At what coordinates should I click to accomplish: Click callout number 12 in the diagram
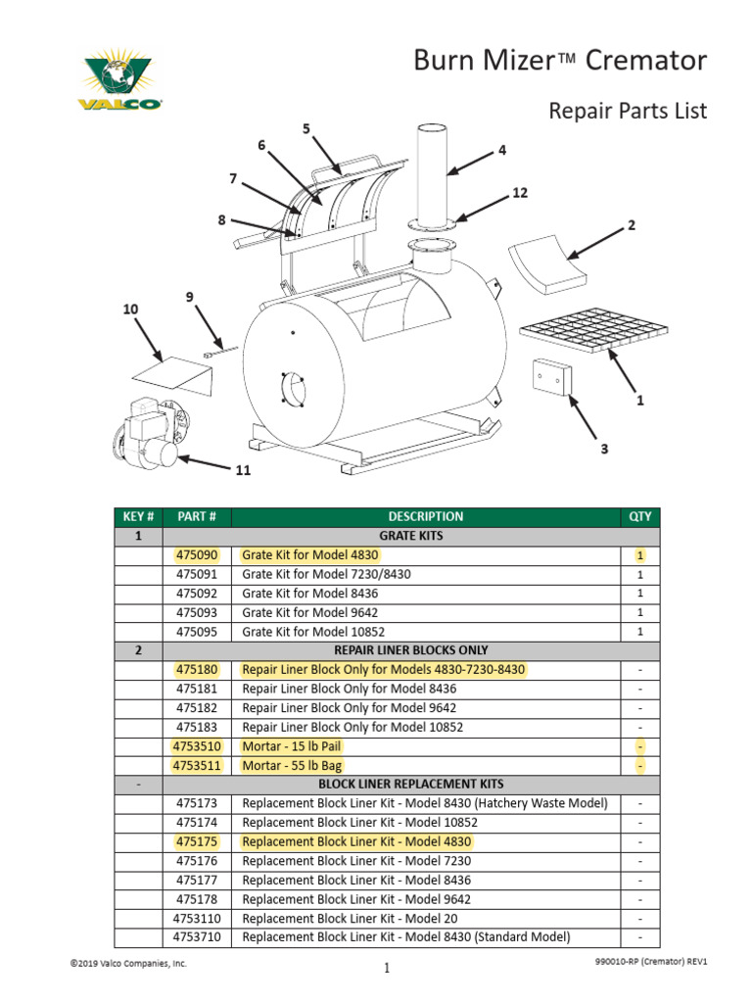point(520,193)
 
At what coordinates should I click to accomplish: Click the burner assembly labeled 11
point(147,436)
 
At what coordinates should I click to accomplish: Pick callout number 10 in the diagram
point(130,309)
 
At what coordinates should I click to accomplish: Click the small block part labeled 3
point(551,376)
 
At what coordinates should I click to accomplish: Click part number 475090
point(197,555)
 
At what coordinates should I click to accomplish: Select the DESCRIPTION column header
point(425,516)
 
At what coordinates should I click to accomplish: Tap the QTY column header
point(639,516)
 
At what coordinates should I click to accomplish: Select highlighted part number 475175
point(197,841)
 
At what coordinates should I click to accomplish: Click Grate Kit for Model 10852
point(309,632)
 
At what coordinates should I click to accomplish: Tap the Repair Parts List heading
point(627,111)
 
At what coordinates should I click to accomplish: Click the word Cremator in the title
point(645,61)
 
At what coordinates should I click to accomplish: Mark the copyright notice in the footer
point(127,964)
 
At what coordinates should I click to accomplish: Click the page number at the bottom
point(387,969)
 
